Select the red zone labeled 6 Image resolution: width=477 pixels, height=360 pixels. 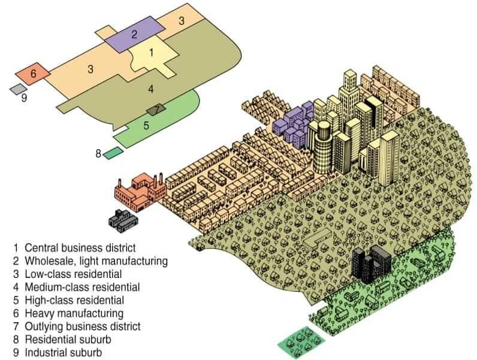33,74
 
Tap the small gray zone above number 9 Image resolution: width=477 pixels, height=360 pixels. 18,89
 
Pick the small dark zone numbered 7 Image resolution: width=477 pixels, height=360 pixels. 156,110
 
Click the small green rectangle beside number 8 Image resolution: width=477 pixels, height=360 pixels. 113,153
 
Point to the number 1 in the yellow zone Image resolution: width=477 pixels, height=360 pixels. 151,53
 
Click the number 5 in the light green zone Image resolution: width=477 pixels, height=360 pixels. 146,125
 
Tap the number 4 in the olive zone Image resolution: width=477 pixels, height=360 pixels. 151,89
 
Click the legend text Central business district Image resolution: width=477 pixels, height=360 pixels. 80,248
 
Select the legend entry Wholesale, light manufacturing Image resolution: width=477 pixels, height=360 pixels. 96,261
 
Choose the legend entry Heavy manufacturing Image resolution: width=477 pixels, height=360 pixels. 74,313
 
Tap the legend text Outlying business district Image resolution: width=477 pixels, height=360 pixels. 83,326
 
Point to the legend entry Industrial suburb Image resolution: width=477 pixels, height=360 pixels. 64,353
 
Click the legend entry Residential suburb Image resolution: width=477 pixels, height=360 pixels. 68,339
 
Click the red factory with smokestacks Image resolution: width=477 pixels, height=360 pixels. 140,193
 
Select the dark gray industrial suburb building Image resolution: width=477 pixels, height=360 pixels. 123,221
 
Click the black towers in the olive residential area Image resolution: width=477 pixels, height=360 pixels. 371,264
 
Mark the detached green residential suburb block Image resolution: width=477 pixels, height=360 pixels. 302,342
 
